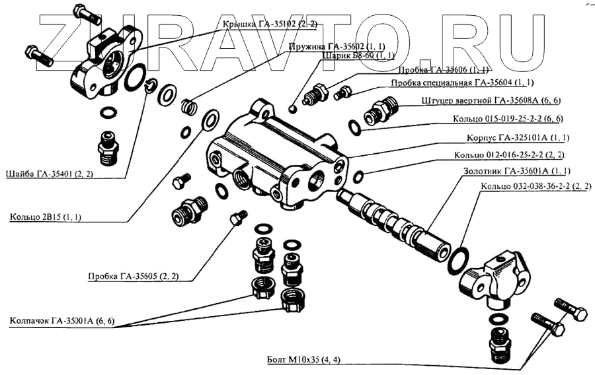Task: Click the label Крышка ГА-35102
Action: [x=270, y=24]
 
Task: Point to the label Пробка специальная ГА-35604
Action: [x=462, y=83]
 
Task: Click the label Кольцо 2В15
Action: [x=45, y=217]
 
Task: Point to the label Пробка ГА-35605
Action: [x=133, y=276]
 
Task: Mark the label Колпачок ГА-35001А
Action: [x=62, y=322]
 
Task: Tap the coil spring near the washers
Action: [x=189, y=105]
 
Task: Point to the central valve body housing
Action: [x=278, y=155]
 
